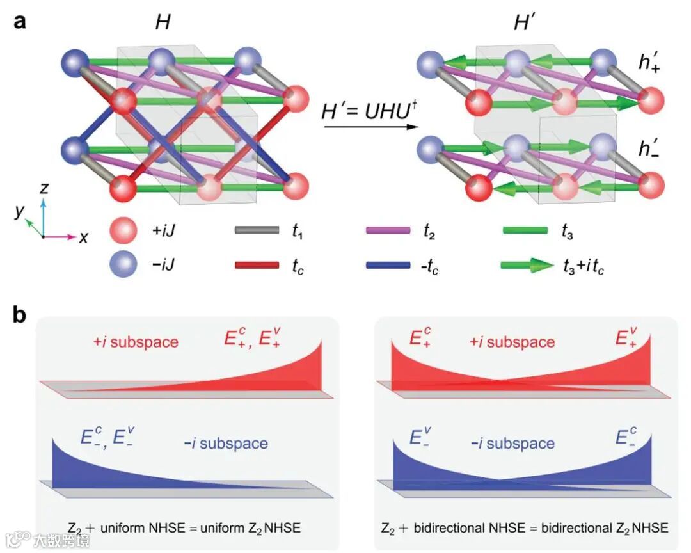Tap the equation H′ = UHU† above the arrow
pos(365,111)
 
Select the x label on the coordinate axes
pos(84,237)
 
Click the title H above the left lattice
pos(163,24)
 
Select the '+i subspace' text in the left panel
pos(134,342)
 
